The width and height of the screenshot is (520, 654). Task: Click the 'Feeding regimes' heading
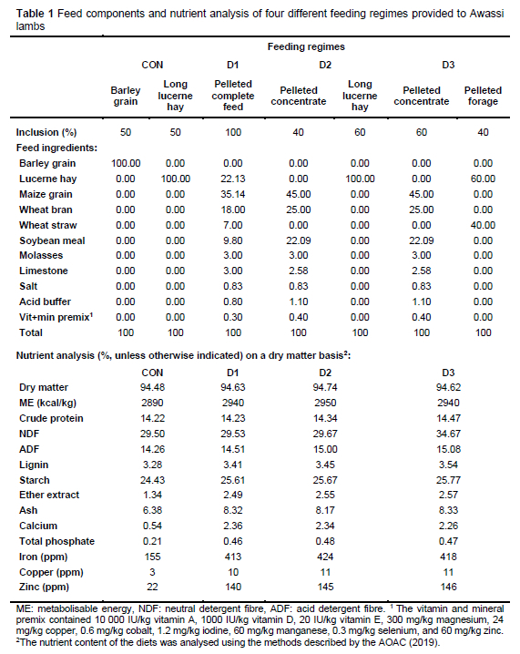pos(306,46)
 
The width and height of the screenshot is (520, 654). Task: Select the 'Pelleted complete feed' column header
pos(233,96)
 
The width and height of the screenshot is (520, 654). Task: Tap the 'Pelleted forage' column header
pos(483,96)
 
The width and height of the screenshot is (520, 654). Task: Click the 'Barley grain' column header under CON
pos(126,96)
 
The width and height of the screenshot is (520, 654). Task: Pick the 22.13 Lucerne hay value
pos(233,179)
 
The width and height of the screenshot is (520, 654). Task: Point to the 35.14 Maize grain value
pos(233,194)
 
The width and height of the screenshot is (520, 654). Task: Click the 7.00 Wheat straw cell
pos(233,225)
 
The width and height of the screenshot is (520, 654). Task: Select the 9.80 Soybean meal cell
pos(233,240)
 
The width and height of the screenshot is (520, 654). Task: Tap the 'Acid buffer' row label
pos(45,301)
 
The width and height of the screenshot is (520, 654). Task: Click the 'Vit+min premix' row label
pos(56,317)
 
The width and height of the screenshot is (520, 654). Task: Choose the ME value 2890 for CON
pos(152,403)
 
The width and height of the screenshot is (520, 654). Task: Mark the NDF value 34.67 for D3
pos(448,434)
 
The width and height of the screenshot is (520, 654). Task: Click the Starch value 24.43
pos(152,480)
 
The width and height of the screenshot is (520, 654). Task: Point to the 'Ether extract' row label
pos(49,496)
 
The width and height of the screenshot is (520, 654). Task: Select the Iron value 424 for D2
pos(325,557)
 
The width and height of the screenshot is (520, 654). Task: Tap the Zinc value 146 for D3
pos(448,587)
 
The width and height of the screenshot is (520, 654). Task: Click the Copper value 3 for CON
pos(152,572)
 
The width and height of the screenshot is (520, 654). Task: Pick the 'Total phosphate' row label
pos(56,541)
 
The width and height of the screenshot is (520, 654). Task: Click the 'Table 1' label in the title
pos(35,14)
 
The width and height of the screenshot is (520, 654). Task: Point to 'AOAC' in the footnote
pos(390,642)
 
